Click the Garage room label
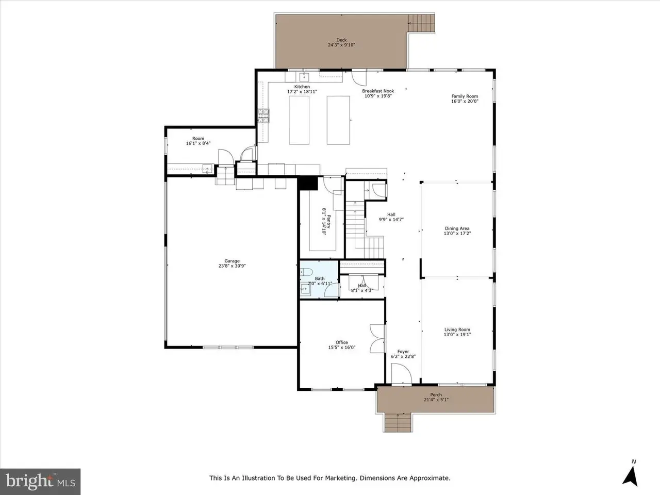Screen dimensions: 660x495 232,261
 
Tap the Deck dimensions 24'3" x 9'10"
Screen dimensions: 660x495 341,45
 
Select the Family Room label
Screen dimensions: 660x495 465,96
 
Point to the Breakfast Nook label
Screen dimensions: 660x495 378,91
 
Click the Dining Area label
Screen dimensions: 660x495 457,228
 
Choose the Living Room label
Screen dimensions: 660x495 457,329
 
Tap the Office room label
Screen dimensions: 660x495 341,342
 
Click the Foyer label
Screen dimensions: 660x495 403,351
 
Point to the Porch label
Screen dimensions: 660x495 436,394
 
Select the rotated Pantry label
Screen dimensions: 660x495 328,222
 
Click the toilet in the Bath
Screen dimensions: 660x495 306,272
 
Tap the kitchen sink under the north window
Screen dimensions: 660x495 304,77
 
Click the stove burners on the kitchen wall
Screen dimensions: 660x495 263,116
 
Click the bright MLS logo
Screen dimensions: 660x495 40,482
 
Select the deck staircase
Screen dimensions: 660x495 421,23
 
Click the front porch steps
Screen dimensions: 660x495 398,423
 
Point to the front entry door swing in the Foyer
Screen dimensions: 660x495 401,374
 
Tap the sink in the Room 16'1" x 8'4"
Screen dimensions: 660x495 207,169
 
